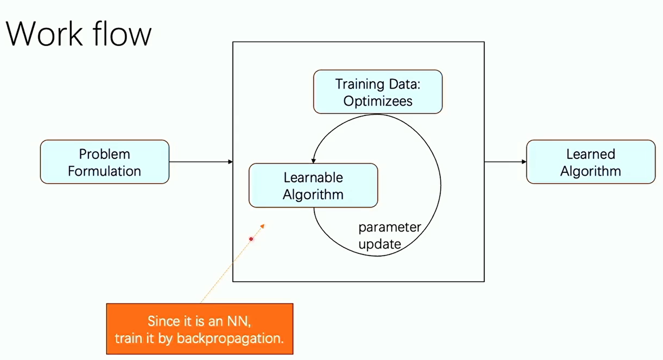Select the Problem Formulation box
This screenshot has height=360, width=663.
click(x=105, y=162)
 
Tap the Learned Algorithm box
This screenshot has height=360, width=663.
click(x=590, y=162)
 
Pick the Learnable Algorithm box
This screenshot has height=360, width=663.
click(x=313, y=186)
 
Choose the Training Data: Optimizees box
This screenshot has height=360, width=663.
click(x=378, y=92)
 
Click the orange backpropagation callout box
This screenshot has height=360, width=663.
click(x=199, y=329)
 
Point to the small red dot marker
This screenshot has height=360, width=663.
click(x=251, y=239)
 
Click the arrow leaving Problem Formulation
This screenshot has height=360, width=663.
click(x=200, y=162)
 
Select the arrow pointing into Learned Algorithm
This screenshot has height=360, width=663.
click(x=505, y=162)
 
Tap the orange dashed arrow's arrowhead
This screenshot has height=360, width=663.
click(x=263, y=225)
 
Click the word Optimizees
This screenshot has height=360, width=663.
click(x=378, y=101)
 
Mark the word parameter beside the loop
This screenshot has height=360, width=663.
click(x=390, y=227)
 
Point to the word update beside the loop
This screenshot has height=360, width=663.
click(x=379, y=244)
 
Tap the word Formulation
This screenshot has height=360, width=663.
click(x=105, y=171)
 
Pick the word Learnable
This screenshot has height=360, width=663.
click(x=313, y=177)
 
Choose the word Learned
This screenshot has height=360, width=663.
click(x=590, y=154)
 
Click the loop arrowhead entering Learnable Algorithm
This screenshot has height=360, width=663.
click(x=313, y=161)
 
